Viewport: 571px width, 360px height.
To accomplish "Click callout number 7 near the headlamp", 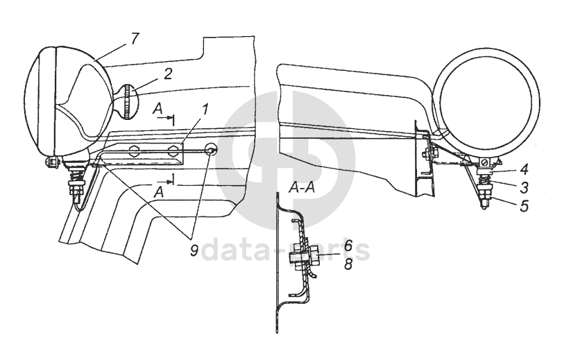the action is (x=134, y=37).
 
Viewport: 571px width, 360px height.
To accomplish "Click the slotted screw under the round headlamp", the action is (x=485, y=163).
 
